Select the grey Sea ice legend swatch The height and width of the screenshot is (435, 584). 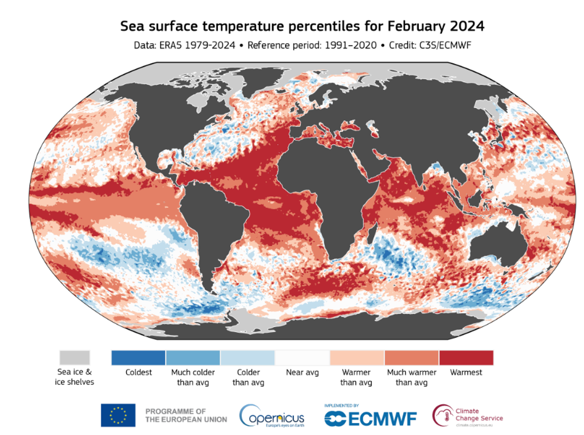tap(74, 358)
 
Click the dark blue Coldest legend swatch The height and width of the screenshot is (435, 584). tap(139, 358)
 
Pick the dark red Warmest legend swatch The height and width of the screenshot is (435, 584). tap(466, 358)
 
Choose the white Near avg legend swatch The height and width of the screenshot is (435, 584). tap(302, 358)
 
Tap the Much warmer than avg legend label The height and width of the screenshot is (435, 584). tap(411, 377)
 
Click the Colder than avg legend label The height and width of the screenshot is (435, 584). tap(248, 377)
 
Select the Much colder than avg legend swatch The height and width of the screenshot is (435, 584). tap(193, 358)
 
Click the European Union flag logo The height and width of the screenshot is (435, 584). tap(118, 415)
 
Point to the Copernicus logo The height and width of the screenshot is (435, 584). tap(272, 415)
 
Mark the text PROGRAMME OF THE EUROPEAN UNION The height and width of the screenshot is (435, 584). tap(186, 415)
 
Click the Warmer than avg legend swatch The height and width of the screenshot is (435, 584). tap(357, 358)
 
